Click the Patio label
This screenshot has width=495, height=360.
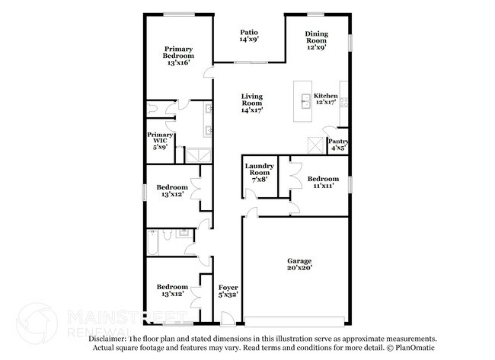(x=249, y=32)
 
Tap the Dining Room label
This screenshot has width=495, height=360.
(x=316, y=37)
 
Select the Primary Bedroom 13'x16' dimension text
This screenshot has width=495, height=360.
(x=178, y=62)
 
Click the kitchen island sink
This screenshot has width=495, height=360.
(x=305, y=101)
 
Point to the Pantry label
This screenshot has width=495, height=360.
(x=338, y=141)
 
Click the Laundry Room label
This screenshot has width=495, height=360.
(x=260, y=169)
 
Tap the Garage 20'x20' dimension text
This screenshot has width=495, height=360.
(x=299, y=268)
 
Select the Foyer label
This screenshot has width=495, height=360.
(x=228, y=288)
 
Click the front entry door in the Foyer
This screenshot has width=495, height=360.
(x=227, y=318)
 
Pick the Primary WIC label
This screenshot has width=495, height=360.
(x=160, y=138)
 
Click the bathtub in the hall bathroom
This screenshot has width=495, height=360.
(x=152, y=242)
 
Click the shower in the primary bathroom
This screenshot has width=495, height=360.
(x=198, y=155)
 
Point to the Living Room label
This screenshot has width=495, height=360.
(x=252, y=100)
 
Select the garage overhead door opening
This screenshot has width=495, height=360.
(x=295, y=322)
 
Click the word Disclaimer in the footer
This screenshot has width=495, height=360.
(x=107, y=339)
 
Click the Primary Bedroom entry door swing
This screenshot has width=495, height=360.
(x=209, y=72)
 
